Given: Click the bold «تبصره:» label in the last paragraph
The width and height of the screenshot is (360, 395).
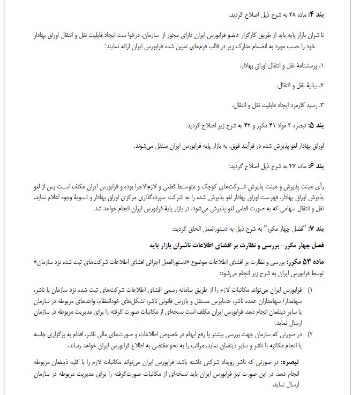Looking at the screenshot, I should click(338, 362).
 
